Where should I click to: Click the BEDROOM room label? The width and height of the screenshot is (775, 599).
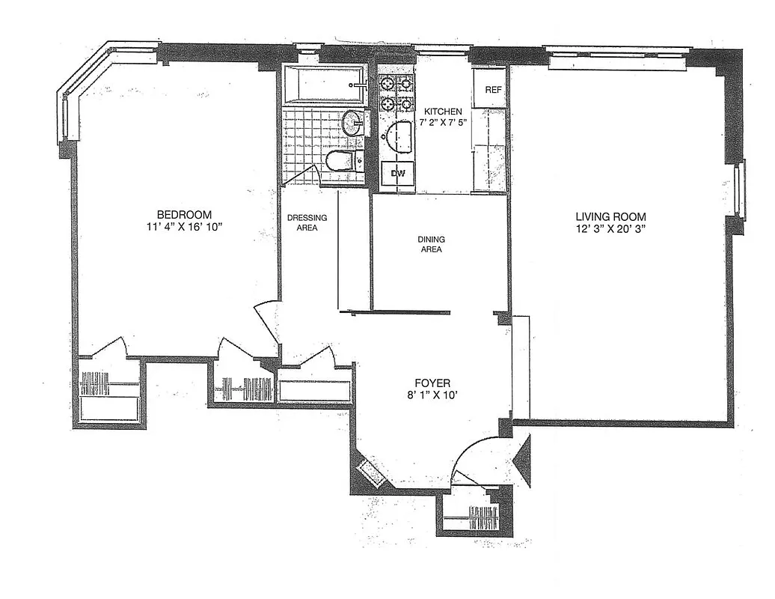pyautogui.click(x=179, y=213)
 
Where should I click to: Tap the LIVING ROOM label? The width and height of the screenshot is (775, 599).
pyautogui.click(x=610, y=216)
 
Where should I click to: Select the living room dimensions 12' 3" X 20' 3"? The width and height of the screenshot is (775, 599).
pyautogui.click(x=610, y=229)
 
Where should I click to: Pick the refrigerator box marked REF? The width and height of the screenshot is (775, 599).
pyautogui.click(x=492, y=90)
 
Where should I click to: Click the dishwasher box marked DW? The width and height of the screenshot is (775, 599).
pyautogui.click(x=399, y=174)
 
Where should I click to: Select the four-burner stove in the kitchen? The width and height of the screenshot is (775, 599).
pyautogui.click(x=396, y=93)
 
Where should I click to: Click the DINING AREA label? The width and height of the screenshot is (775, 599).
pyautogui.click(x=431, y=244)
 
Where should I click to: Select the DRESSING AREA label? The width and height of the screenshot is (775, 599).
pyautogui.click(x=307, y=222)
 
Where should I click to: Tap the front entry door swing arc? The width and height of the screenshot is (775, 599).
pyautogui.click(x=479, y=453)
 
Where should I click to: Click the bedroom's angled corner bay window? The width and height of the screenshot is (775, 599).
pyautogui.click(x=82, y=94)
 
